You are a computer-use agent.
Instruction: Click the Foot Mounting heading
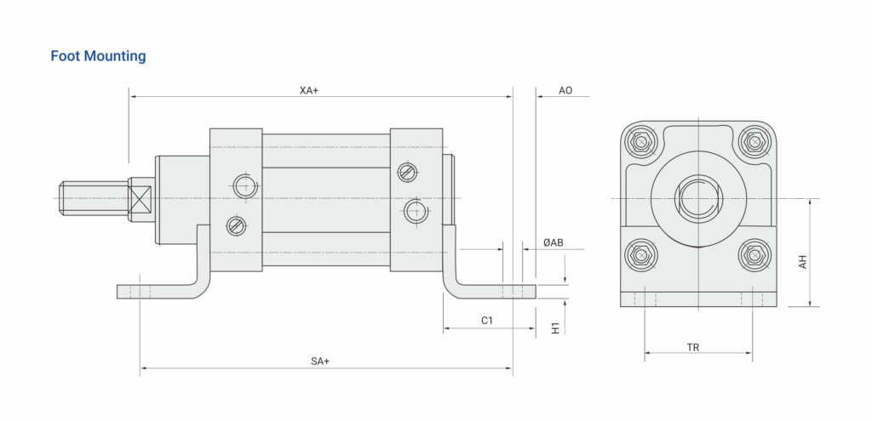pyautogui.click(x=99, y=56)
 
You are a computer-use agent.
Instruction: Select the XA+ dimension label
pyautogui.click(x=309, y=90)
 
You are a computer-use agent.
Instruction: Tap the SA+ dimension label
pyautogui.click(x=320, y=361)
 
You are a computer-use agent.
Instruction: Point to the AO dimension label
pyautogui.click(x=565, y=90)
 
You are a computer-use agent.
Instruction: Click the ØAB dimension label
pyautogui.click(x=554, y=242)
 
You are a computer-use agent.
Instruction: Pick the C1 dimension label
pyautogui.click(x=487, y=321)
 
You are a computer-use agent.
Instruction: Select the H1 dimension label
pyautogui.click(x=555, y=327)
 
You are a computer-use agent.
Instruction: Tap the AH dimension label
pyautogui.click(x=802, y=262)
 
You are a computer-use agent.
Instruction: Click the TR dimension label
pyautogui.click(x=693, y=348)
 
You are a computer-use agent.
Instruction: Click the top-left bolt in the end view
pyautogui.click(x=642, y=142)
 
